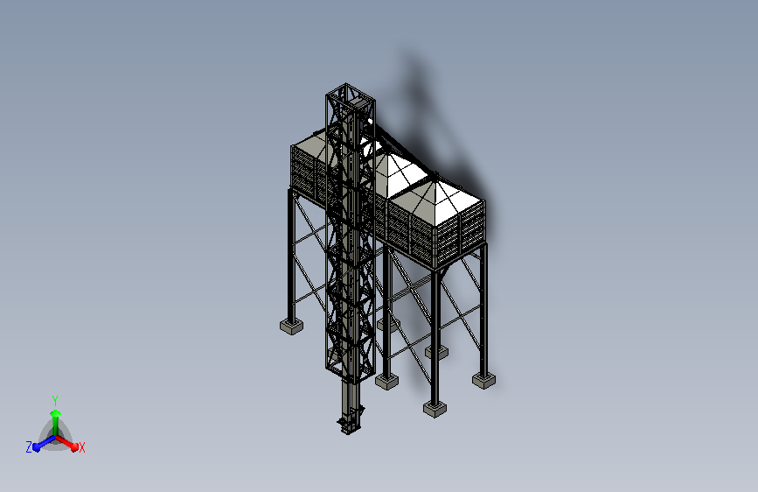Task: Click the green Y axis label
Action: [x=55, y=401]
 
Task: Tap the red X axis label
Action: [x=82, y=447]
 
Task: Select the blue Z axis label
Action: [x=29, y=447]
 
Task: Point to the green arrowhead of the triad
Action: [x=56, y=414]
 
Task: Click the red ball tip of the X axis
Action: [x=74, y=447]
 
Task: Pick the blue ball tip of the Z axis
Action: [x=37, y=447]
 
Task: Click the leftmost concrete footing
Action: [x=291, y=327]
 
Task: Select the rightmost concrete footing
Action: [x=483, y=380]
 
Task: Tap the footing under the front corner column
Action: [x=435, y=409]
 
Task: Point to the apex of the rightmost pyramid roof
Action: [x=435, y=181]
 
